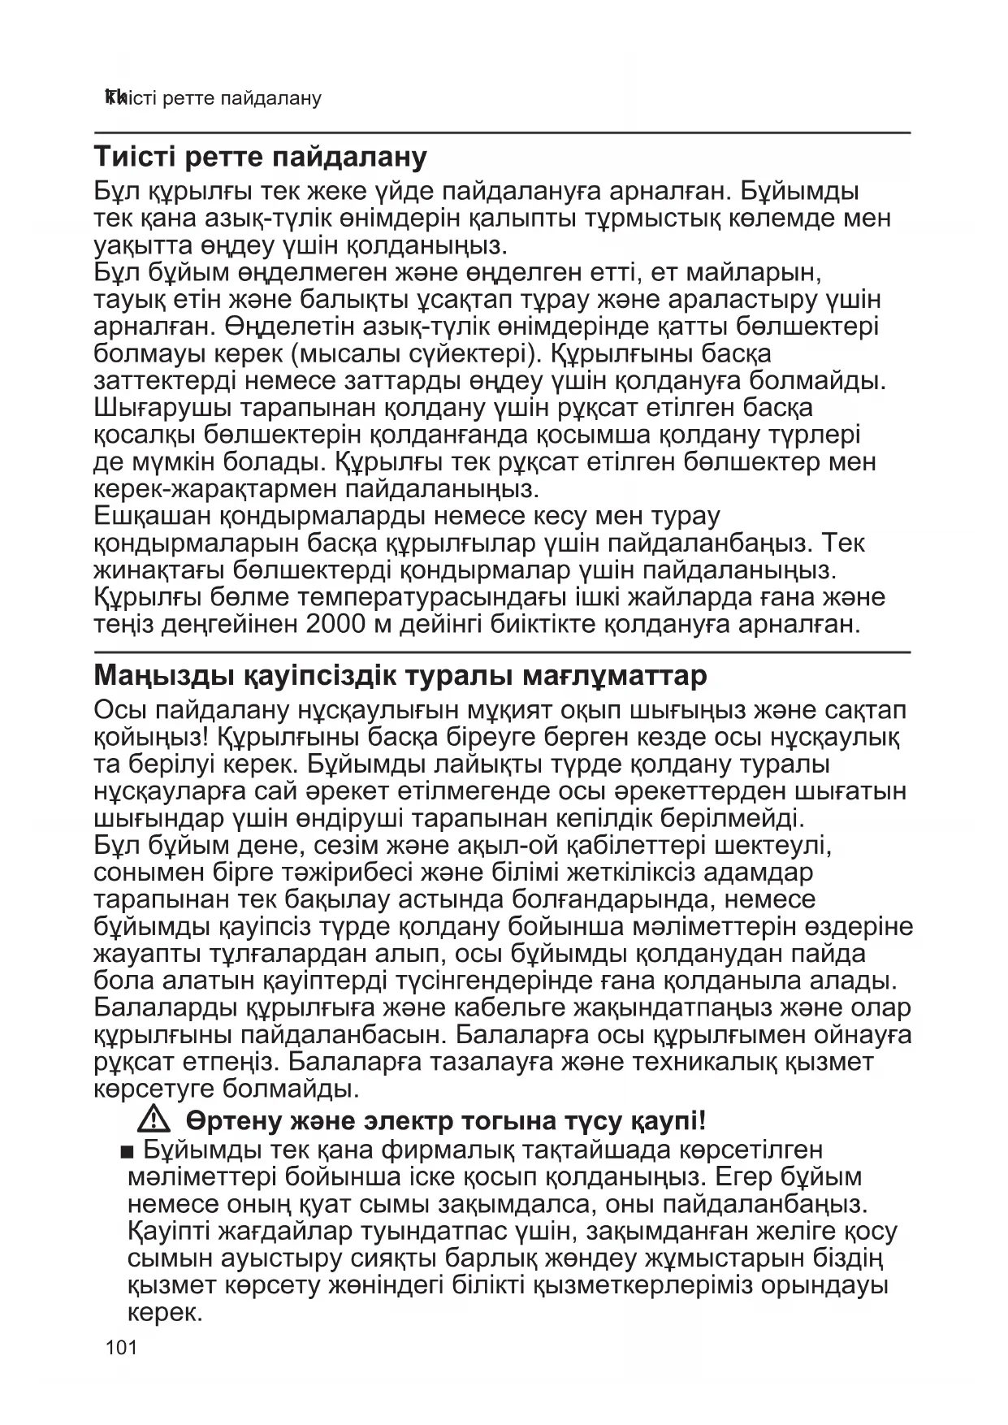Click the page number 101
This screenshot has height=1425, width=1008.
point(121,1348)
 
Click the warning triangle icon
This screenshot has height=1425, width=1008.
point(154,1120)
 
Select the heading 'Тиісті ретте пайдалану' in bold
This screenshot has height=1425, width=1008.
point(261,157)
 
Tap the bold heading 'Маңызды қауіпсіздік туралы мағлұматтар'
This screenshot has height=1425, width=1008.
point(400,676)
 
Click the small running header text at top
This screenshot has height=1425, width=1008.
point(213,98)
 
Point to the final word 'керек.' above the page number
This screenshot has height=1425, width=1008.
point(164,1313)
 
